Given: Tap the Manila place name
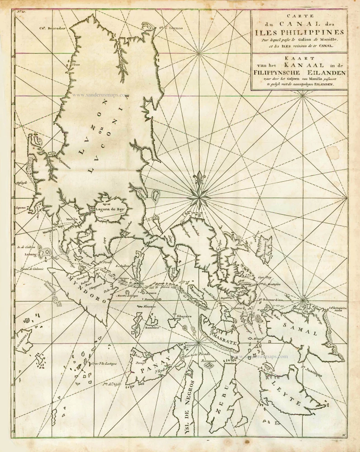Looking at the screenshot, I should click(72, 219).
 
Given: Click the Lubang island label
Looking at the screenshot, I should click(30, 254).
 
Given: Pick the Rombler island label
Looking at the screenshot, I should click(152, 328).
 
